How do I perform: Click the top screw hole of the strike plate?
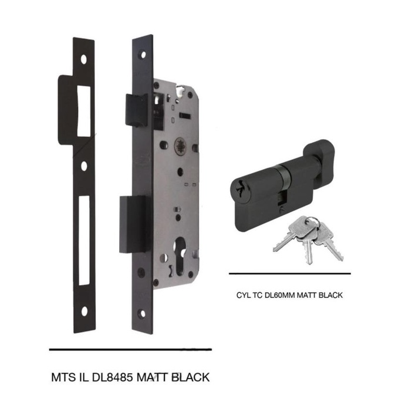pos(84,59)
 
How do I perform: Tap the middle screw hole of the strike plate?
pos(84,166)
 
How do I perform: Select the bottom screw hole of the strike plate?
pos(84,312)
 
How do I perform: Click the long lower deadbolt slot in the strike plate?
pos(84,241)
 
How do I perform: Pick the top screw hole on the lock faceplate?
pos(141,53)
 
